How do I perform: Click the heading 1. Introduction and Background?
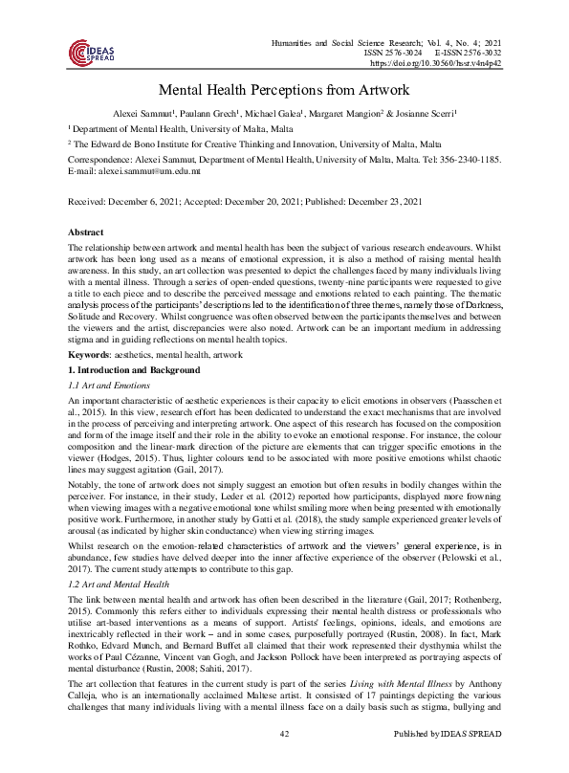pos(133,342)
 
